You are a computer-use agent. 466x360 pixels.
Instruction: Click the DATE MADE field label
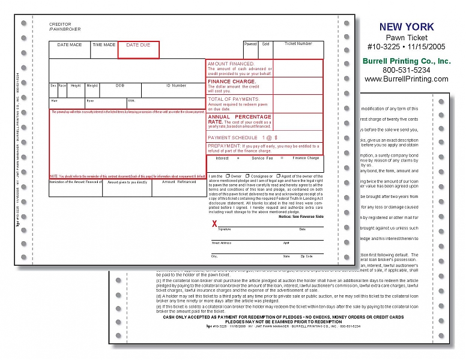click(70, 45)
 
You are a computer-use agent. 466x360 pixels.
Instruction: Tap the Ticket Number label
click(298, 44)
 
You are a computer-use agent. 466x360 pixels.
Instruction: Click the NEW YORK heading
click(407, 26)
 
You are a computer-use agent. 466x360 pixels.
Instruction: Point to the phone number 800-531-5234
click(407, 70)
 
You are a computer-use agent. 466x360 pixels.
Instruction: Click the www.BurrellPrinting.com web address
click(407, 79)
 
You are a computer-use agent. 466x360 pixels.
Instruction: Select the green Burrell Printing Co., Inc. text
click(407, 61)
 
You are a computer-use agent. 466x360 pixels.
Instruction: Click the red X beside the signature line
click(214, 224)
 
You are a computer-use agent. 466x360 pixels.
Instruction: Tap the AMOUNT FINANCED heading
click(231, 64)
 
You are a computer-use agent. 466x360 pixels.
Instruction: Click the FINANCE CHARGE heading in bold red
click(232, 81)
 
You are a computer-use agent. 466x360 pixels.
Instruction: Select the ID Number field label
click(174, 85)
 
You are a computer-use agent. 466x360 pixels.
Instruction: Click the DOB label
click(120, 85)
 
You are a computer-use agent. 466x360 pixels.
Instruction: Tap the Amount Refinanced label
click(179, 182)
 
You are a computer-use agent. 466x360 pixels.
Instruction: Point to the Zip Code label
click(306, 256)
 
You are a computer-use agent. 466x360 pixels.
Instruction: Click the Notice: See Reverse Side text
click(301, 216)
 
